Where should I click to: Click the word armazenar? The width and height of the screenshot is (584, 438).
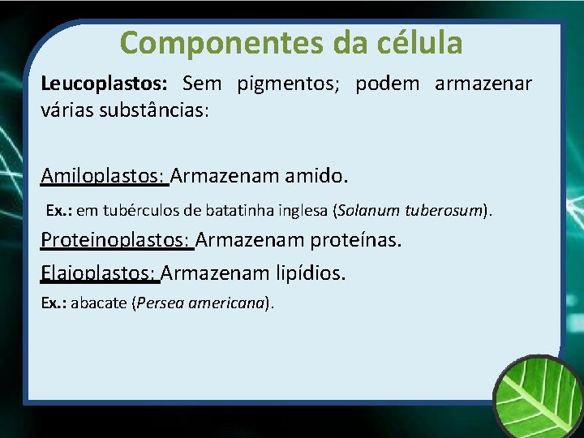[483, 84]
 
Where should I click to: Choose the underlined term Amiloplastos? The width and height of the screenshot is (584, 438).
[104, 175]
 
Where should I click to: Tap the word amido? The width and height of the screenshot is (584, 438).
[316, 175]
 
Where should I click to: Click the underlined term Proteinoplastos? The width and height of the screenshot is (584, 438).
[116, 240]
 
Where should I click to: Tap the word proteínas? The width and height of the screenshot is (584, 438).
[357, 240]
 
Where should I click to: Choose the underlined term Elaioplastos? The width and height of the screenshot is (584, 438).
[99, 273]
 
